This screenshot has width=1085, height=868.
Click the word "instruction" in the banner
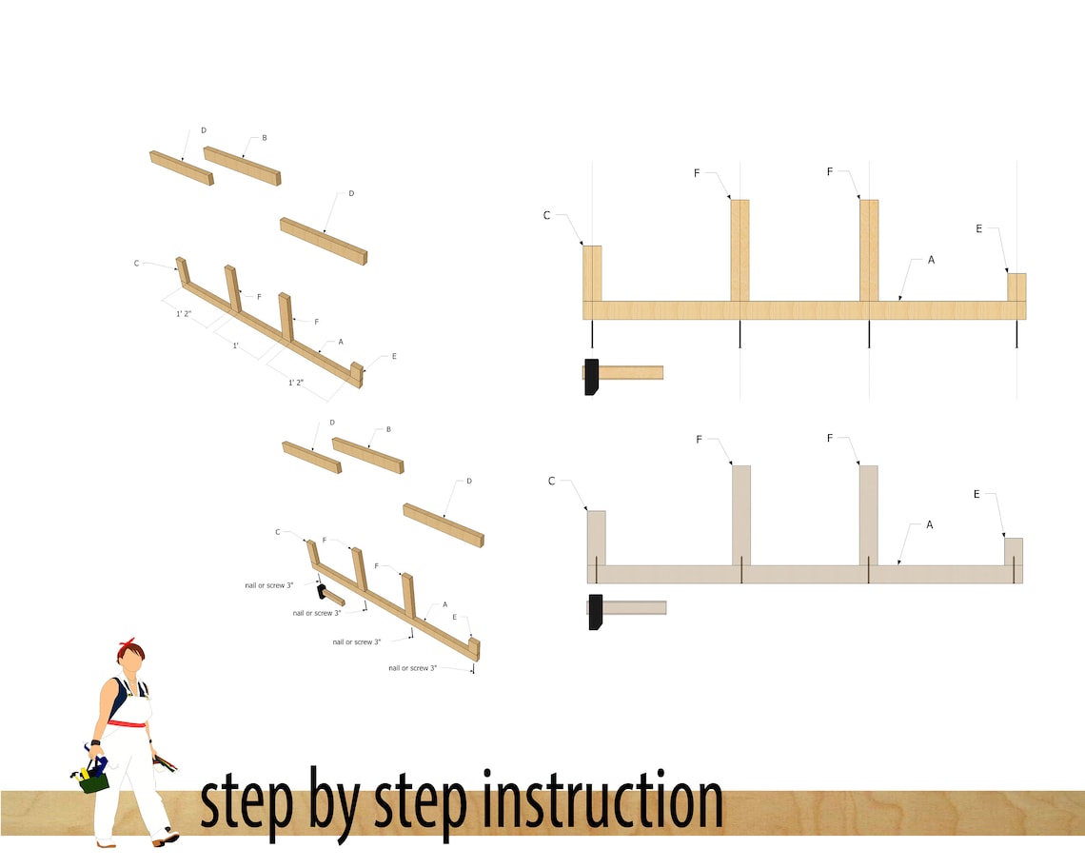pos(602,802)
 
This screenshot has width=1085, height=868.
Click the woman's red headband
pos(127,649)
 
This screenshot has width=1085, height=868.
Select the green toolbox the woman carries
pos(92,779)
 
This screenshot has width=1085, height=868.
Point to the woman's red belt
pos(127,723)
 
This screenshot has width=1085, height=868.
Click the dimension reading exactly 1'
pos(236,345)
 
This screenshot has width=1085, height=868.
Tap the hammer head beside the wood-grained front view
pos(591,376)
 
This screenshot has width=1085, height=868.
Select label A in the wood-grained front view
pos(931,259)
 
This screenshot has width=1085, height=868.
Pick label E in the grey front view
pos(976,494)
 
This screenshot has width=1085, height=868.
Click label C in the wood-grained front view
pos(547,216)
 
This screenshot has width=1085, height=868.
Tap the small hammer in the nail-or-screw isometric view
pos(329,594)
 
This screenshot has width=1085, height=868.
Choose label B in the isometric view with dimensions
pos(264,138)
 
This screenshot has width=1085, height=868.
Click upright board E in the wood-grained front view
pos(1016,286)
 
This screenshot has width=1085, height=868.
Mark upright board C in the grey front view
pos(596,538)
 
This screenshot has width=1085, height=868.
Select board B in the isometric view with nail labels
pos(367,455)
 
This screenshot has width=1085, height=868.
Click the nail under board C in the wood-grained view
pos(592,333)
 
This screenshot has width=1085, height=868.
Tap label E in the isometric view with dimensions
pos(393,356)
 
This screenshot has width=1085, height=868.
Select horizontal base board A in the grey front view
pos(804,574)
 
